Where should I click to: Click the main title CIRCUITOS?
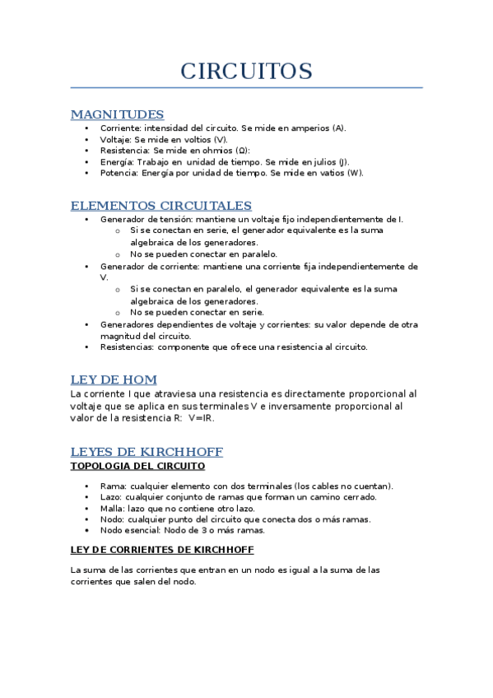246,71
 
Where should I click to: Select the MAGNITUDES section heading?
117,114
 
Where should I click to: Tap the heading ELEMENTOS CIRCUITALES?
160,205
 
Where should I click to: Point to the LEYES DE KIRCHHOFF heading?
147,452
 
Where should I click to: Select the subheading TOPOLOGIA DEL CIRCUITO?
137,466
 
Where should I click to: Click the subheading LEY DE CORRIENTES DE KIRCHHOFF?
162,549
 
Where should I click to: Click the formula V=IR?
201,418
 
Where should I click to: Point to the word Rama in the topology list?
112,486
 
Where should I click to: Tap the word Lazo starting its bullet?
112,497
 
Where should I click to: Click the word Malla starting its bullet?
112,508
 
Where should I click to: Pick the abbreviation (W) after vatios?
354,173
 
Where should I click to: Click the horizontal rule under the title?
246,87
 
